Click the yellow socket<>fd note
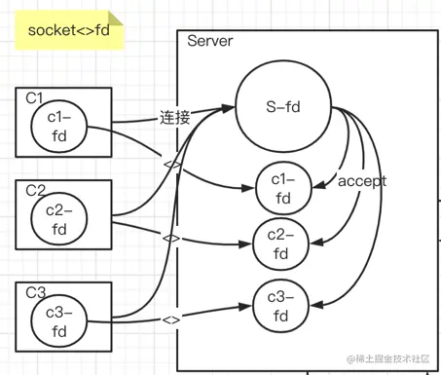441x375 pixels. [x=67, y=32]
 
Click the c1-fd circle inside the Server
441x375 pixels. [x=282, y=189]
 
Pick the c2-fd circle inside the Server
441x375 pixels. [x=281, y=244]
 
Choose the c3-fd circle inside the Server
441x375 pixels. [x=282, y=307]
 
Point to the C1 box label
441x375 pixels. [x=35, y=97]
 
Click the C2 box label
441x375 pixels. [x=36, y=188]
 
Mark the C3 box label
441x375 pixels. [x=36, y=291]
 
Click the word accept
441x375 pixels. [x=361, y=181]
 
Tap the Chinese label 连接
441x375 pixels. [x=175, y=117]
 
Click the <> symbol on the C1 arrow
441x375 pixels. [x=171, y=161]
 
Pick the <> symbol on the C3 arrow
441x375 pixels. [x=171, y=319]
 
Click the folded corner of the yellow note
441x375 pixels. [x=116, y=19]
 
